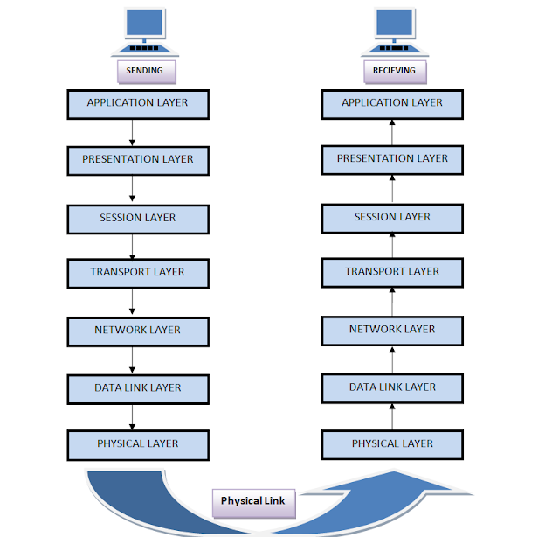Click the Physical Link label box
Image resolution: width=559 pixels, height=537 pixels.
coord(254,502)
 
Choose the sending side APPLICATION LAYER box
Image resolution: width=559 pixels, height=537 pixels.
coord(138,103)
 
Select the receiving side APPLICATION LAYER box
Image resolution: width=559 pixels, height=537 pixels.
coord(392,103)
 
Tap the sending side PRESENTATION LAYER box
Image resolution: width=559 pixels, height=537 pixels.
coord(138,160)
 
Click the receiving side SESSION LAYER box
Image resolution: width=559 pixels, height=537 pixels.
coord(392,217)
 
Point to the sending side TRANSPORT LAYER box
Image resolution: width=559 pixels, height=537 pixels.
coord(138,273)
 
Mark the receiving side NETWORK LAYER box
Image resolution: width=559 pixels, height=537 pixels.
coord(392,330)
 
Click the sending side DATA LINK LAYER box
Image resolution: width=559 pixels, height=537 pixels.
coord(138,387)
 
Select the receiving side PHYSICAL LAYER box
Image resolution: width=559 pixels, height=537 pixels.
coord(392,444)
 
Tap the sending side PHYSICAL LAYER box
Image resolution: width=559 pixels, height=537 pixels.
coord(138,444)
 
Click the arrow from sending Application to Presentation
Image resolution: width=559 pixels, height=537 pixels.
coord(132,132)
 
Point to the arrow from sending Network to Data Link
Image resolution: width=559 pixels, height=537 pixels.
coord(132,359)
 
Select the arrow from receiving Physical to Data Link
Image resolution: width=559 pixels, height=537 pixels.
coord(392,415)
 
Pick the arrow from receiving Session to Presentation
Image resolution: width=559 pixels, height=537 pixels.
coord(392,188)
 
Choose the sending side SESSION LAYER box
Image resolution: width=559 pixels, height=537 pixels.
coord(138,218)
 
